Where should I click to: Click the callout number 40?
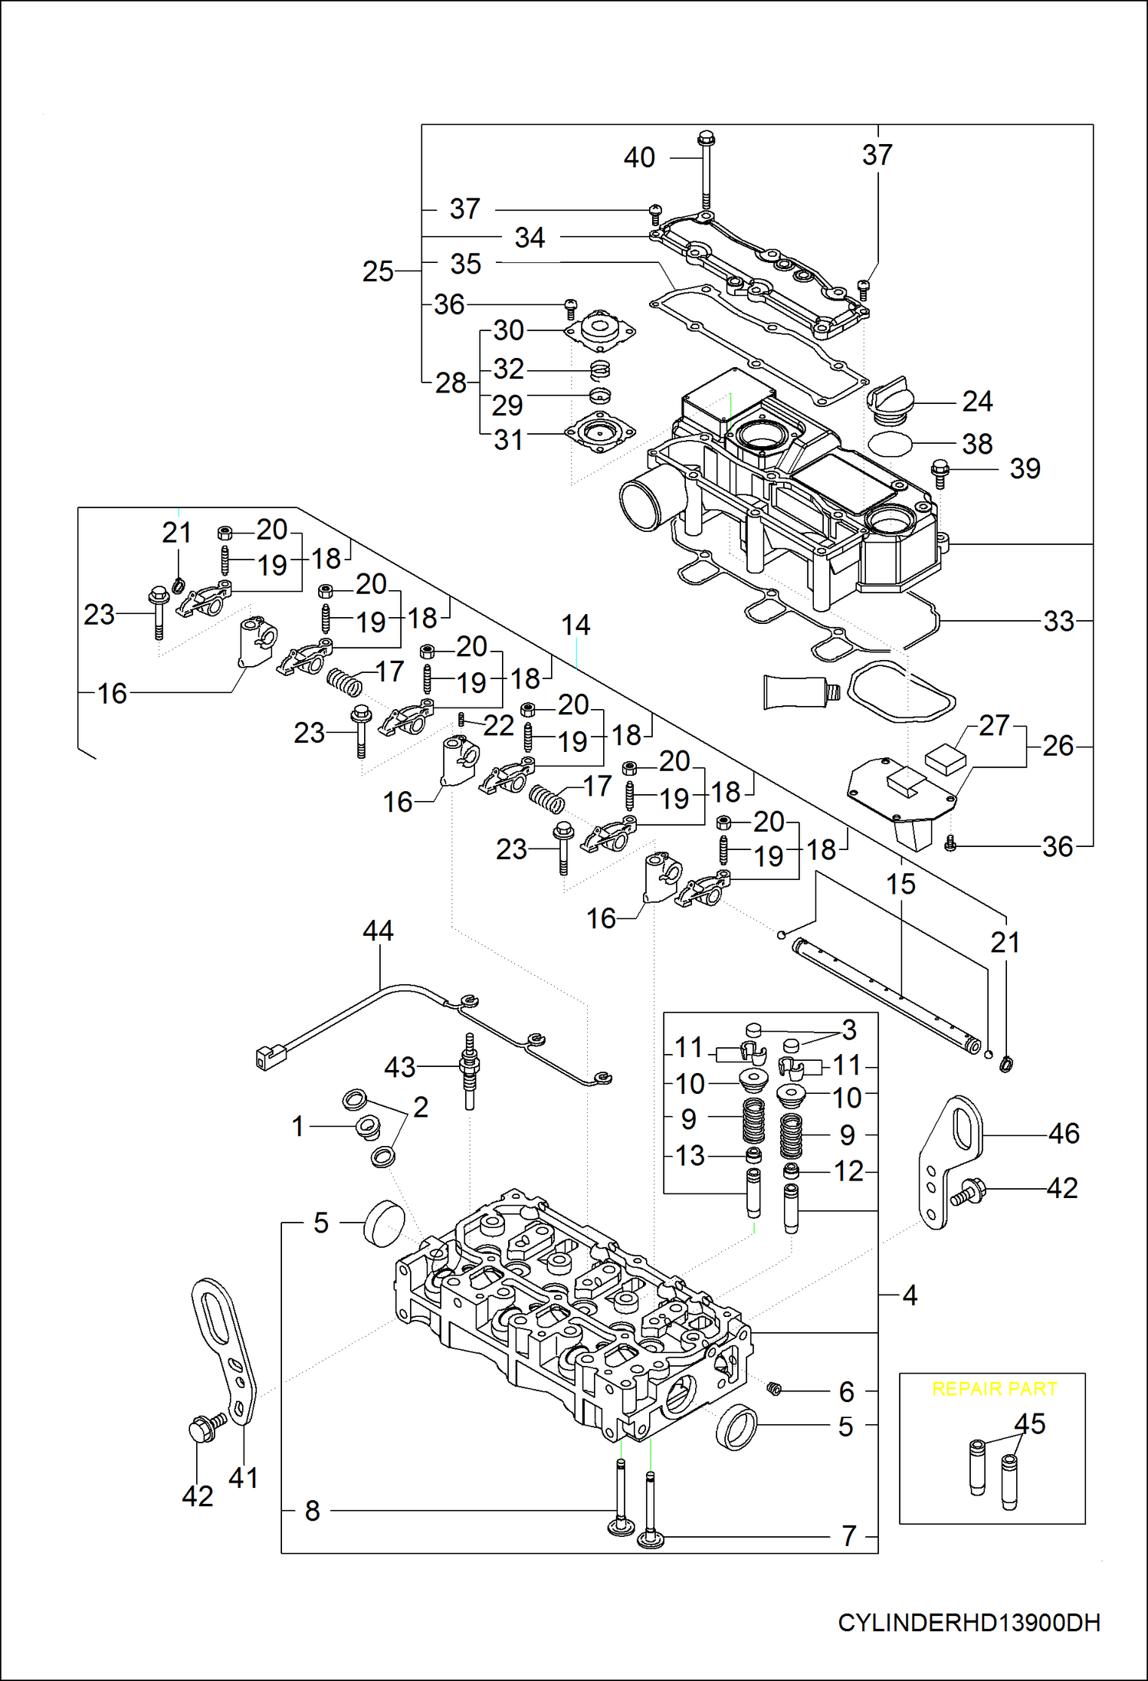coord(639,158)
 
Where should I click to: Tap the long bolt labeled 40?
coord(706,172)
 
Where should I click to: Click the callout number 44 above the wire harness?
coord(378,931)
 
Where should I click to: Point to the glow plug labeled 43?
coord(469,1069)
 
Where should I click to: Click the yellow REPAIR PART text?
coord(994,1389)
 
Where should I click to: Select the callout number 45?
coord(1029,1424)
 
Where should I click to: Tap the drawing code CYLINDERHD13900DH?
coord(969,1622)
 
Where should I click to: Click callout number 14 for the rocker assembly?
coord(576,625)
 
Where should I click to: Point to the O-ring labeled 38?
coord(890,443)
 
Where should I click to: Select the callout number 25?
coord(378,271)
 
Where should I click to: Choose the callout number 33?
coord(1059,621)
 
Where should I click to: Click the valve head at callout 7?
coord(651,1538)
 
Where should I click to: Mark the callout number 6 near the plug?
coord(846,1391)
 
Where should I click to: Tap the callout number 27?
coord(994,725)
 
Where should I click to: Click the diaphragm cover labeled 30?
coord(600,330)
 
